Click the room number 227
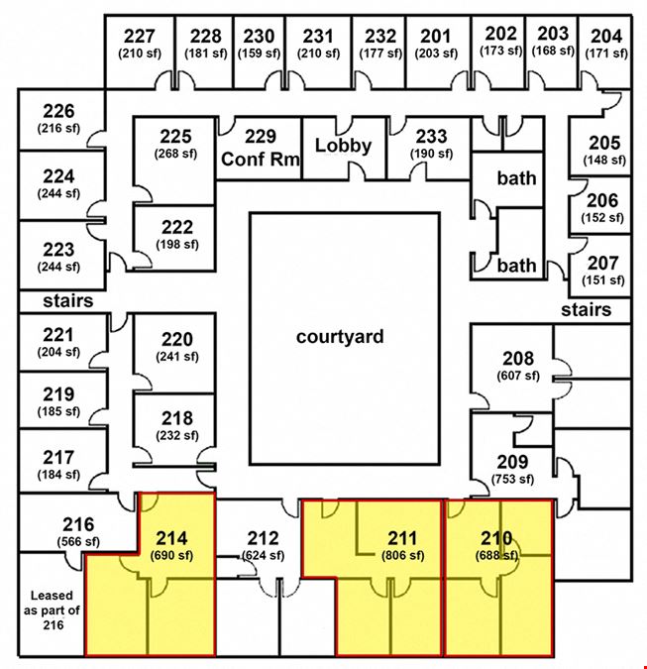pos(140,37)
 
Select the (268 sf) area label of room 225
pos(175,154)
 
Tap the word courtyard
pos(340,337)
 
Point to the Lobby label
pos(344,146)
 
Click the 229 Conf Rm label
pos(261,148)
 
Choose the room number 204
pos(606,37)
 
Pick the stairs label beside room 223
pos(67,300)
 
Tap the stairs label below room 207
pos(586,310)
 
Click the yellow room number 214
pos(171,538)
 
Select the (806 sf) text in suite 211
pos(402,555)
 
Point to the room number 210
pos(496,538)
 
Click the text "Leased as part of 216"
pos(53,611)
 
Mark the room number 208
pos(518,359)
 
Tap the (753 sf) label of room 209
pos(512,480)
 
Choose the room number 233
pos(431,137)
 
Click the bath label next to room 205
pos(516,178)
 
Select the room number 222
pos(177,227)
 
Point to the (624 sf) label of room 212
pos(264,555)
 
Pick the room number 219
pos(58,394)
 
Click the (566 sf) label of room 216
pos(78,542)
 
